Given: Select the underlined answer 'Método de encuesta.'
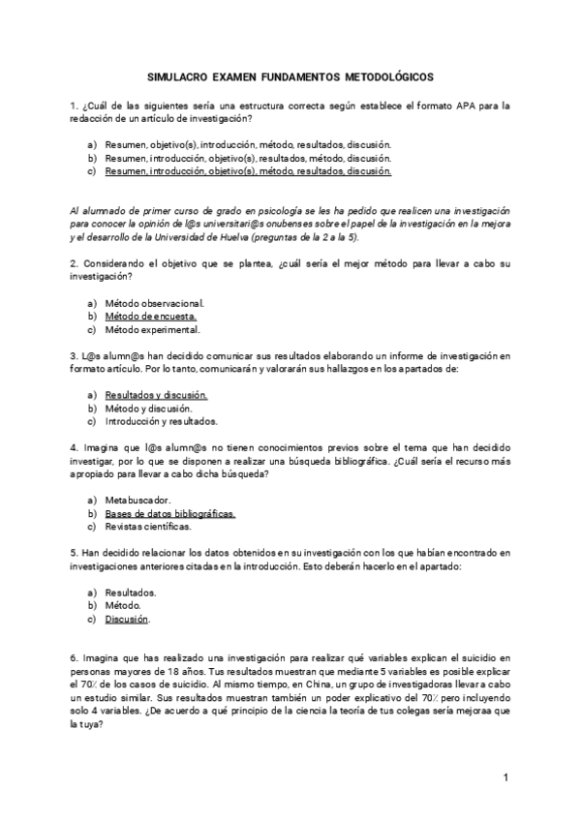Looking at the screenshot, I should click(150, 316).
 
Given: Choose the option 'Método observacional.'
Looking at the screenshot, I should click(154, 302).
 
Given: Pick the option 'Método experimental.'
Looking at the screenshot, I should click(152, 329).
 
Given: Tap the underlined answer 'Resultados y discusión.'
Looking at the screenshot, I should click(156, 395).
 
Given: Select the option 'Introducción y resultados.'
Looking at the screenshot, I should click(161, 421).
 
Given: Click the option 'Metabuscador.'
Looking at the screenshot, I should click(138, 500).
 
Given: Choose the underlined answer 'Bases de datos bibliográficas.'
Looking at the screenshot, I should click(169, 513).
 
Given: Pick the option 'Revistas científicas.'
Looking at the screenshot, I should click(148, 527).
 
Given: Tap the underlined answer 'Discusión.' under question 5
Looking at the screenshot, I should click(128, 619).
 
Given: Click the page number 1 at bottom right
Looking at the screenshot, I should click(505, 777).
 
